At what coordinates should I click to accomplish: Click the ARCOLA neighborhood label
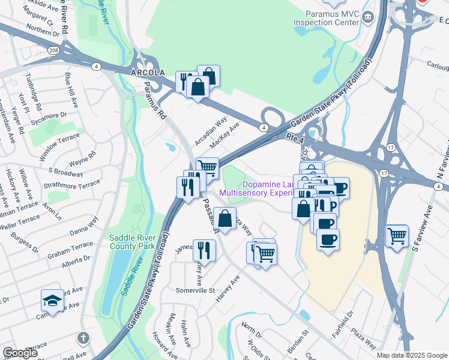point(147,72)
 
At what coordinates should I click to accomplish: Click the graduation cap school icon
point(52,301)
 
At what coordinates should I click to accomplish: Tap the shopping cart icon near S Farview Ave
point(397,236)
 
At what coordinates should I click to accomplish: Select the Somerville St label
point(195,290)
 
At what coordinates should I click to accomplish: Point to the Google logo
point(20,353)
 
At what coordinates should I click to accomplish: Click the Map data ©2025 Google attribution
point(412,355)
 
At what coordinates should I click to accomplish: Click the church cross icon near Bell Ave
point(83,338)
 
